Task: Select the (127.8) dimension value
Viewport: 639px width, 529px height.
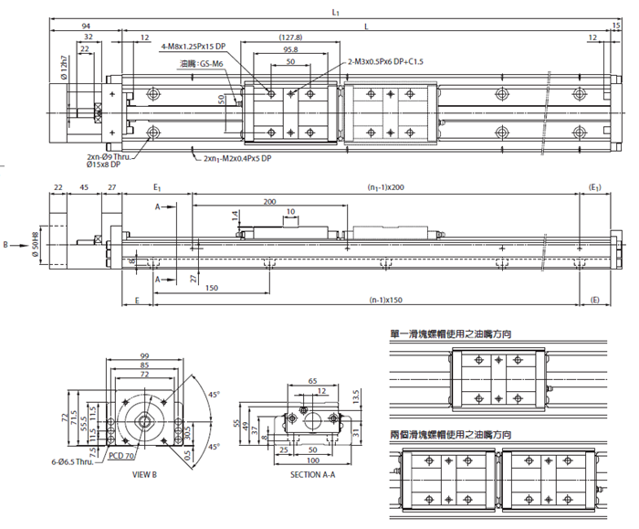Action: tap(290, 37)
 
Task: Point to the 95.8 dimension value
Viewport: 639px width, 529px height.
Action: tap(290, 50)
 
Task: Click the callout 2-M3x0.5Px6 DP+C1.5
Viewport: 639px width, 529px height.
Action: tap(386, 61)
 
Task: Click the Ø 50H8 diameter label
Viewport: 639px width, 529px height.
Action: tap(36, 244)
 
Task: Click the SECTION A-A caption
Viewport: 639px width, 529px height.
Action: tap(313, 475)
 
